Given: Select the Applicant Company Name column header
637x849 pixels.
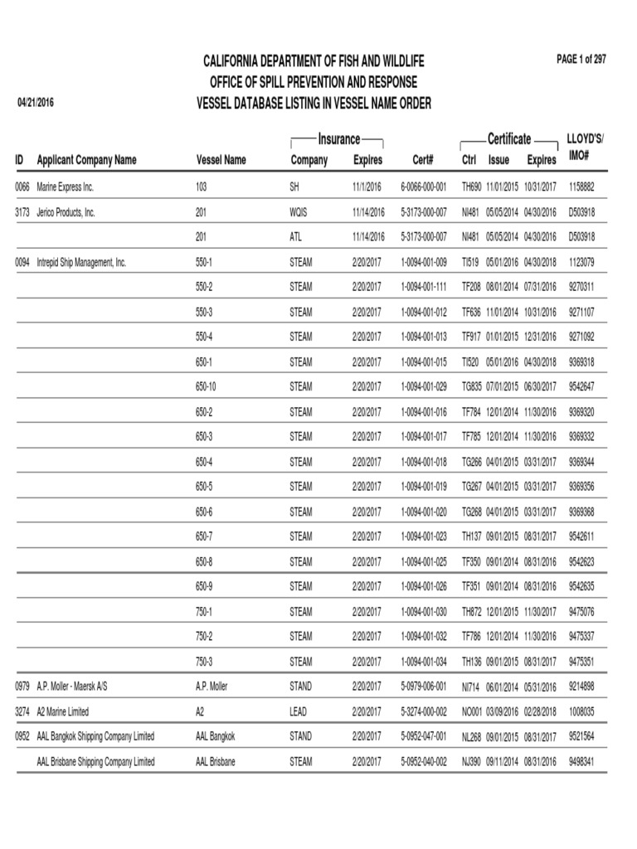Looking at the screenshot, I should (86, 160).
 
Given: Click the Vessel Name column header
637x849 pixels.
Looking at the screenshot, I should (221, 160).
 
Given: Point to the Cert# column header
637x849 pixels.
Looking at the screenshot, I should (423, 160).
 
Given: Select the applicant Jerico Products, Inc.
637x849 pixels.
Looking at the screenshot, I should (66, 212).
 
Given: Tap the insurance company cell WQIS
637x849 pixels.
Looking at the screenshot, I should (299, 212).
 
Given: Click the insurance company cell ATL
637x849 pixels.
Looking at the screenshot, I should (295, 237).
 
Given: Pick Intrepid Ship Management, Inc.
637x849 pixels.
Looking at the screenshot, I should (81, 262).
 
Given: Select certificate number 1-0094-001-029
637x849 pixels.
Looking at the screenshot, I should (423, 386).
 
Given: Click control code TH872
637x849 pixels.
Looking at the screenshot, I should (471, 611).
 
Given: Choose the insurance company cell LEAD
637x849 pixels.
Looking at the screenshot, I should (299, 711).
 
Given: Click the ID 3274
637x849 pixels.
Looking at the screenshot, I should (22, 711).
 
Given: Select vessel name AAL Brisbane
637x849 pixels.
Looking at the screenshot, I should (216, 761).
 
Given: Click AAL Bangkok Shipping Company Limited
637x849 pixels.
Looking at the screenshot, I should (95, 736).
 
